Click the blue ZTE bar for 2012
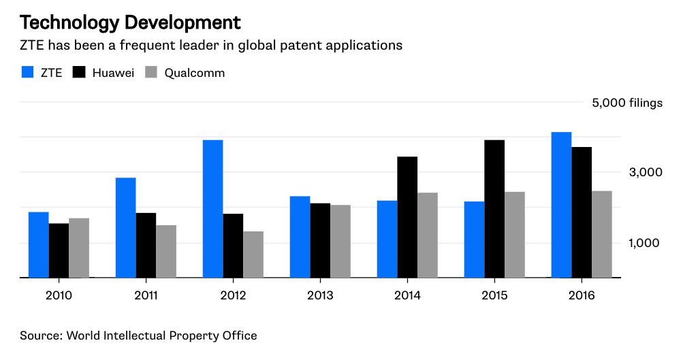212,209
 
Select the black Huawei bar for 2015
494,209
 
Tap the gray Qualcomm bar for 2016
602,234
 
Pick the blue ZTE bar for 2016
561,205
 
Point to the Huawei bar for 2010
59,250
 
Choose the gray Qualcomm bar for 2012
253,255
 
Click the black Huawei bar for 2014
407,217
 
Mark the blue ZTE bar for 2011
125,228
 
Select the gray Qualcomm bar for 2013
340,242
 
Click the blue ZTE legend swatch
27,72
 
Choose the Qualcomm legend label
195,73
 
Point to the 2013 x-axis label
320,295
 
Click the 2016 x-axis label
581,295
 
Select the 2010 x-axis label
59,295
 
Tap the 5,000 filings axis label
626,103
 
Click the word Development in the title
182,22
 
